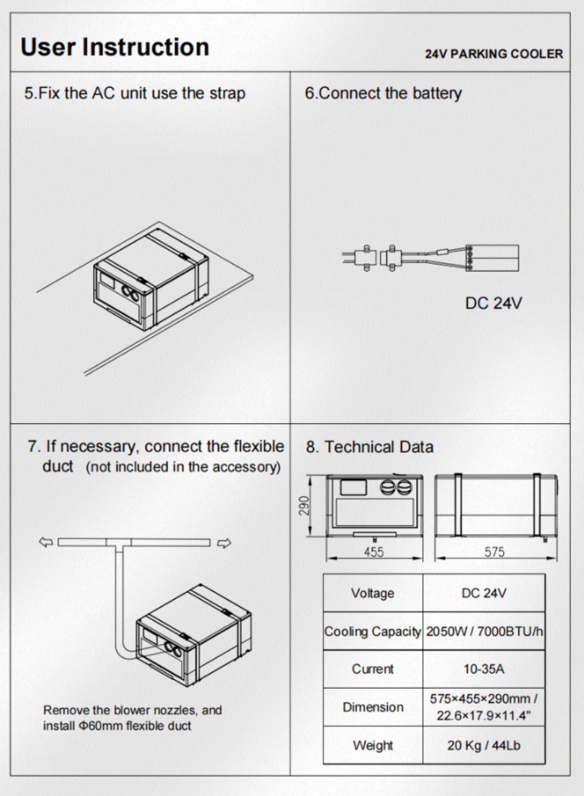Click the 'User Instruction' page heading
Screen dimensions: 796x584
click(x=115, y=47)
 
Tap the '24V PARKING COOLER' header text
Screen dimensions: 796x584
click(x=493, y=54)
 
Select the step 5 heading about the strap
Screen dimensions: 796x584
click(x=135, y=93)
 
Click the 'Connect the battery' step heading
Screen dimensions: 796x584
click(x=383, y=93)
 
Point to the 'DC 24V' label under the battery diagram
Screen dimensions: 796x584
click(x=493, y=303)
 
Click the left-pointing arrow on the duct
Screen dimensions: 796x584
click(x=46, y=542)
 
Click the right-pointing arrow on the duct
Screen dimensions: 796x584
click(x=224, y=543)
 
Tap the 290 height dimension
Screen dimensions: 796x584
click(x=304, y=506)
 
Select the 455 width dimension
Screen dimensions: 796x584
click(x=374, y=552)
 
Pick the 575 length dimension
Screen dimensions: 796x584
click(x=495, y=552)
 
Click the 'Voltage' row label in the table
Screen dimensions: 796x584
click(x=373, y=593)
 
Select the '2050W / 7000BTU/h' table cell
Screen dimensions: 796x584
click(x=484, y=631)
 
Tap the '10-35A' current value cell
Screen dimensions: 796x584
click(x=484, y=669)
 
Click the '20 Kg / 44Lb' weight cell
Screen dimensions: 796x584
click(x=484, y=745)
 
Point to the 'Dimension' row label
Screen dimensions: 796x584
click(x=373, y=707)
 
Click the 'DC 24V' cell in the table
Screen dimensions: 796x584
click(x=484, y=593)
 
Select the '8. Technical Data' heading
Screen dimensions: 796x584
click(x=369, y=447)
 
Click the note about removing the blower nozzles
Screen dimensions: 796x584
click(x=133, y=718)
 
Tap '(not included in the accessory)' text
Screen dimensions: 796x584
click(x=183, y=467)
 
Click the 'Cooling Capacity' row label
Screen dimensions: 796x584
click(x=373, y=631)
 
